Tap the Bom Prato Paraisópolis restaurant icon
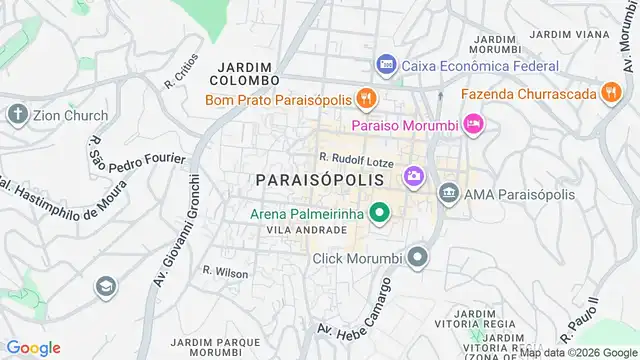[367, 98]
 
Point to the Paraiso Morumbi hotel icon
[474, 124]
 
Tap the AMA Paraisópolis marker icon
[449, 192]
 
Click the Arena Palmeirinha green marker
[379, 212]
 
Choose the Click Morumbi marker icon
[418, 259]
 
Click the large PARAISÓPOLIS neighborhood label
[319, 179]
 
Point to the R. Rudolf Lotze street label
[357, 157]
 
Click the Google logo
[33, 348]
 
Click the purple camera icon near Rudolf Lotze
[412, 177]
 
